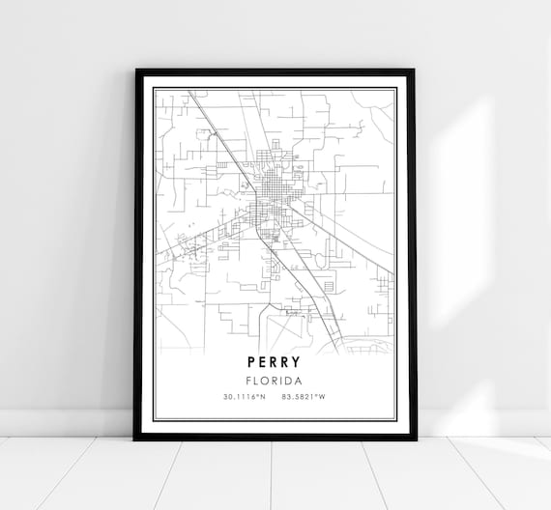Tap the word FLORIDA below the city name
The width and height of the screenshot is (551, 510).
(x=275, y=381)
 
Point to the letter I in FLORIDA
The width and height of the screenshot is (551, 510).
(x=281, y=381)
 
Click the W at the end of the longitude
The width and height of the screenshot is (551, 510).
(x=327, y=397)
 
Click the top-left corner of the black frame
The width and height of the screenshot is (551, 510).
(x=136, y=71)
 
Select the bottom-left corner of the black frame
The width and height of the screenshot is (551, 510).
(x=134, y=439)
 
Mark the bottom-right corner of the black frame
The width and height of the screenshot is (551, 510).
(x=416, y=439)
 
